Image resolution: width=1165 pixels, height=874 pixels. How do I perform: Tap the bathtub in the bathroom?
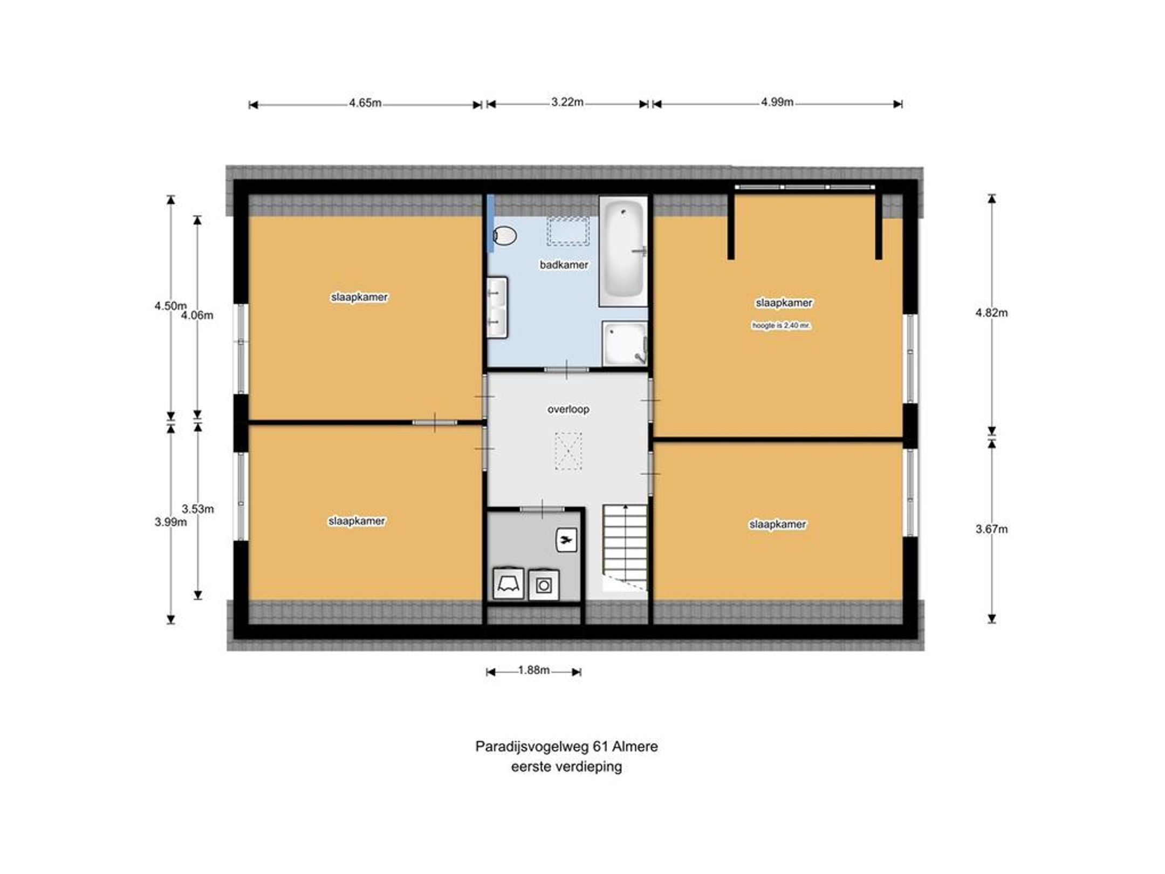point(623,251)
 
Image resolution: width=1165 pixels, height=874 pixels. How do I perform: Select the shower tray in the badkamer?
point(625,344)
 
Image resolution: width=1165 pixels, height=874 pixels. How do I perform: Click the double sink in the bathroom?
point(497,308)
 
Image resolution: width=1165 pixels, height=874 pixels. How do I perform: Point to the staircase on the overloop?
point(625,548)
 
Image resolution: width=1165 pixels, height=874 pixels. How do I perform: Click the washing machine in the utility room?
point(543,585)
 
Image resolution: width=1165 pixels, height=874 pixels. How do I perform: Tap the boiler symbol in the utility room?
point(566,540)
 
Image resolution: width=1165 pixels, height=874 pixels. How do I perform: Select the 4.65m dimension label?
point(365,103)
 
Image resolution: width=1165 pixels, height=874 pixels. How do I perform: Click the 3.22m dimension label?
point(567,102)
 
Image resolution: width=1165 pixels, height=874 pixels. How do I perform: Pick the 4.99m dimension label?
point(777,102)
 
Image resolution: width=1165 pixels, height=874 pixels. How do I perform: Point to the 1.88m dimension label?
point(534,670)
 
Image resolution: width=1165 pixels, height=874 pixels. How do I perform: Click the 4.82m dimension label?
point(991,313)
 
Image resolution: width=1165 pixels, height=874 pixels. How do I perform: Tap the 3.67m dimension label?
point(991,529)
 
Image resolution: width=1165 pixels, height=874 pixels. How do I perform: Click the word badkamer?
point(564,265)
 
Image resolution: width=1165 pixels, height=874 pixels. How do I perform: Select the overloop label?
point(568,409)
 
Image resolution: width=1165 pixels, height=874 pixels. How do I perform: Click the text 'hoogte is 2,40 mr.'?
point(782,326)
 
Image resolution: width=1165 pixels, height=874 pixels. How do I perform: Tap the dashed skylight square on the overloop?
point(568,450)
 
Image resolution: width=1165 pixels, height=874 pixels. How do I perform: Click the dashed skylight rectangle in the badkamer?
point(568,231)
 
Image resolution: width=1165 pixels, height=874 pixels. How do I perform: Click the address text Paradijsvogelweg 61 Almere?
point(566,747)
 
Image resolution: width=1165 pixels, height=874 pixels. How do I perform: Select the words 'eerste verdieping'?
point(566,767)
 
